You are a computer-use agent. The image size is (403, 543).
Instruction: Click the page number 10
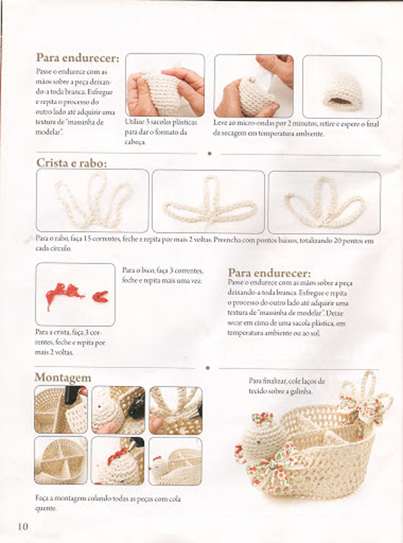pos(23,526)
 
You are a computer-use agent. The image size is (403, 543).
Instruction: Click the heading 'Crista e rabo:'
pos(72,163)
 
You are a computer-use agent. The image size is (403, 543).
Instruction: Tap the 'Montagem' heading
pos(62,378)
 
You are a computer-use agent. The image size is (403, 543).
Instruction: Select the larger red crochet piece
pos(64,294)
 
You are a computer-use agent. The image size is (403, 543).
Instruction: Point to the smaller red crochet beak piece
pos(100,296)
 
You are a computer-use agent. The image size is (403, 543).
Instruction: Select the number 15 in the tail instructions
pos(87,239)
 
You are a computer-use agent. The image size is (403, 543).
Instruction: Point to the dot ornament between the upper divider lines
pos(209,153)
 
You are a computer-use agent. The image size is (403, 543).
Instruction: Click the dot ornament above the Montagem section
pos(208,368)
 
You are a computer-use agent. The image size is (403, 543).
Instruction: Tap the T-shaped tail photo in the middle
pos(208,202)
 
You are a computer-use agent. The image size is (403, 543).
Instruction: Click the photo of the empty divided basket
pos(61,460)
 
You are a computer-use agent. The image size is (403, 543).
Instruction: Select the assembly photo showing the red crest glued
pos(118,460)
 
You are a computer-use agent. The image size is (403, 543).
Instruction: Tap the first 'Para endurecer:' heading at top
pos(77,58)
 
